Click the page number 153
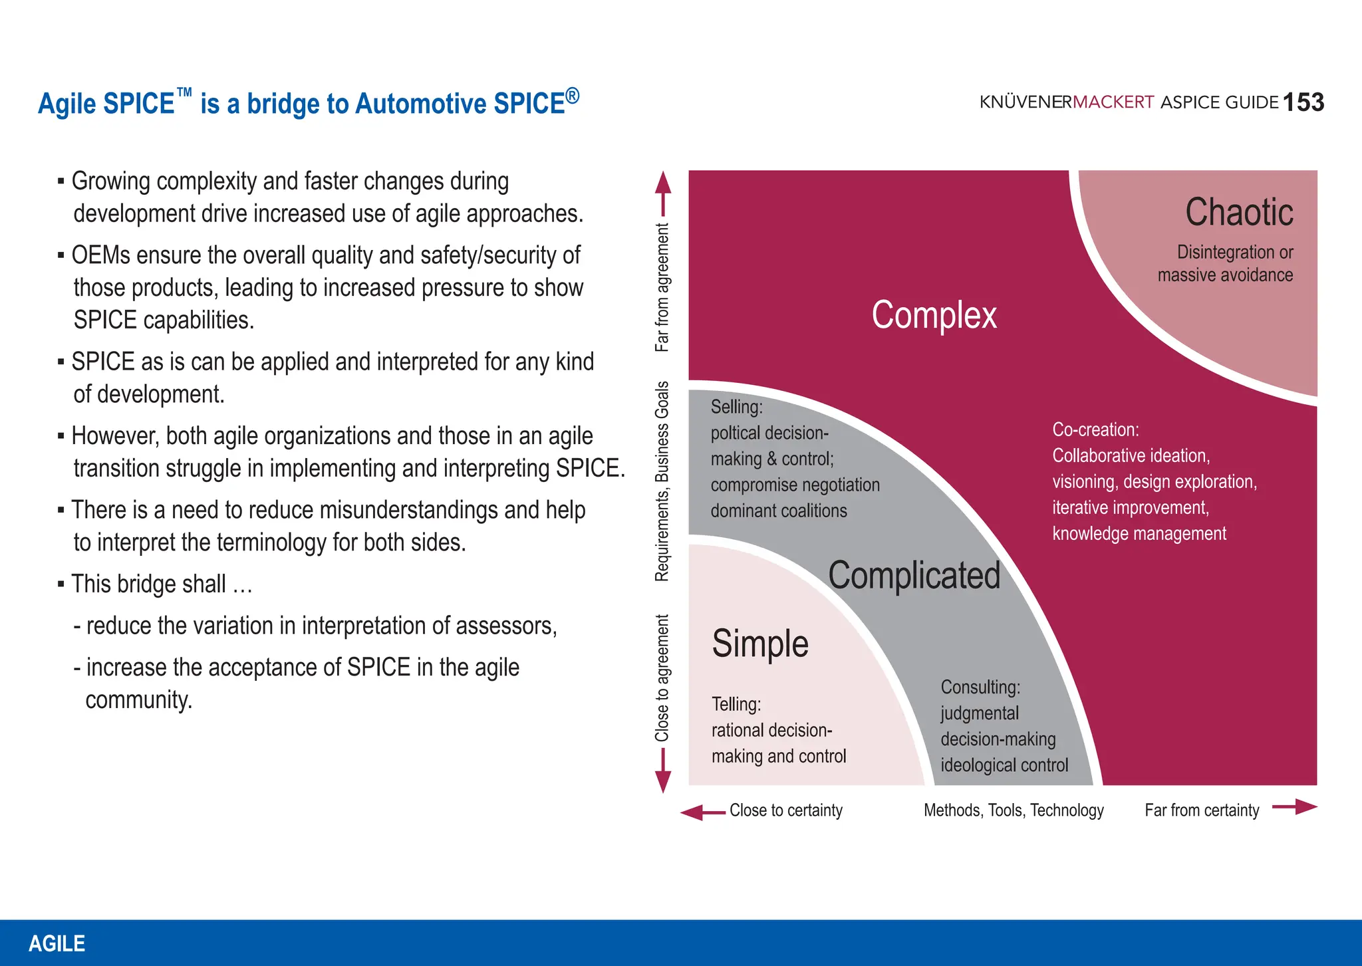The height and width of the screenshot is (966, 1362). pos(1303,102)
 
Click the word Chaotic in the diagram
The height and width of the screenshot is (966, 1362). pos(1239,213)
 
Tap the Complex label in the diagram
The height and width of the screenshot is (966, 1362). pos(934,315)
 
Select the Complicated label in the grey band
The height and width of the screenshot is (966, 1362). pos(914,576)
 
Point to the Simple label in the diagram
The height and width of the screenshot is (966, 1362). pos(760,644)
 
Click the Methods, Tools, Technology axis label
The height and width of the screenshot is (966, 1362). pos(1014,810)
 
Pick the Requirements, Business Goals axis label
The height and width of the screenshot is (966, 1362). pos(662,481)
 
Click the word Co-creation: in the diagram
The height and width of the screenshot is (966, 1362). pos(1095,430)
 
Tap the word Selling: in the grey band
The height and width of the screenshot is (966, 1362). pos(736,407)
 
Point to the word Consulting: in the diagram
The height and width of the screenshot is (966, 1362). pos(980,687)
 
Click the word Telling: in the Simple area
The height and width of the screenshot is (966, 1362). pos(736,704)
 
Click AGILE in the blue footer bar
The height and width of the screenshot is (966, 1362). pos(57,943)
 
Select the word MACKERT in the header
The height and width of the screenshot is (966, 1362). pos(1113,102)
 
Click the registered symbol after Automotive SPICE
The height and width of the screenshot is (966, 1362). pos(573,96)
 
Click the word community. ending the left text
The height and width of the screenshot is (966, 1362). pos(139,700)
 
